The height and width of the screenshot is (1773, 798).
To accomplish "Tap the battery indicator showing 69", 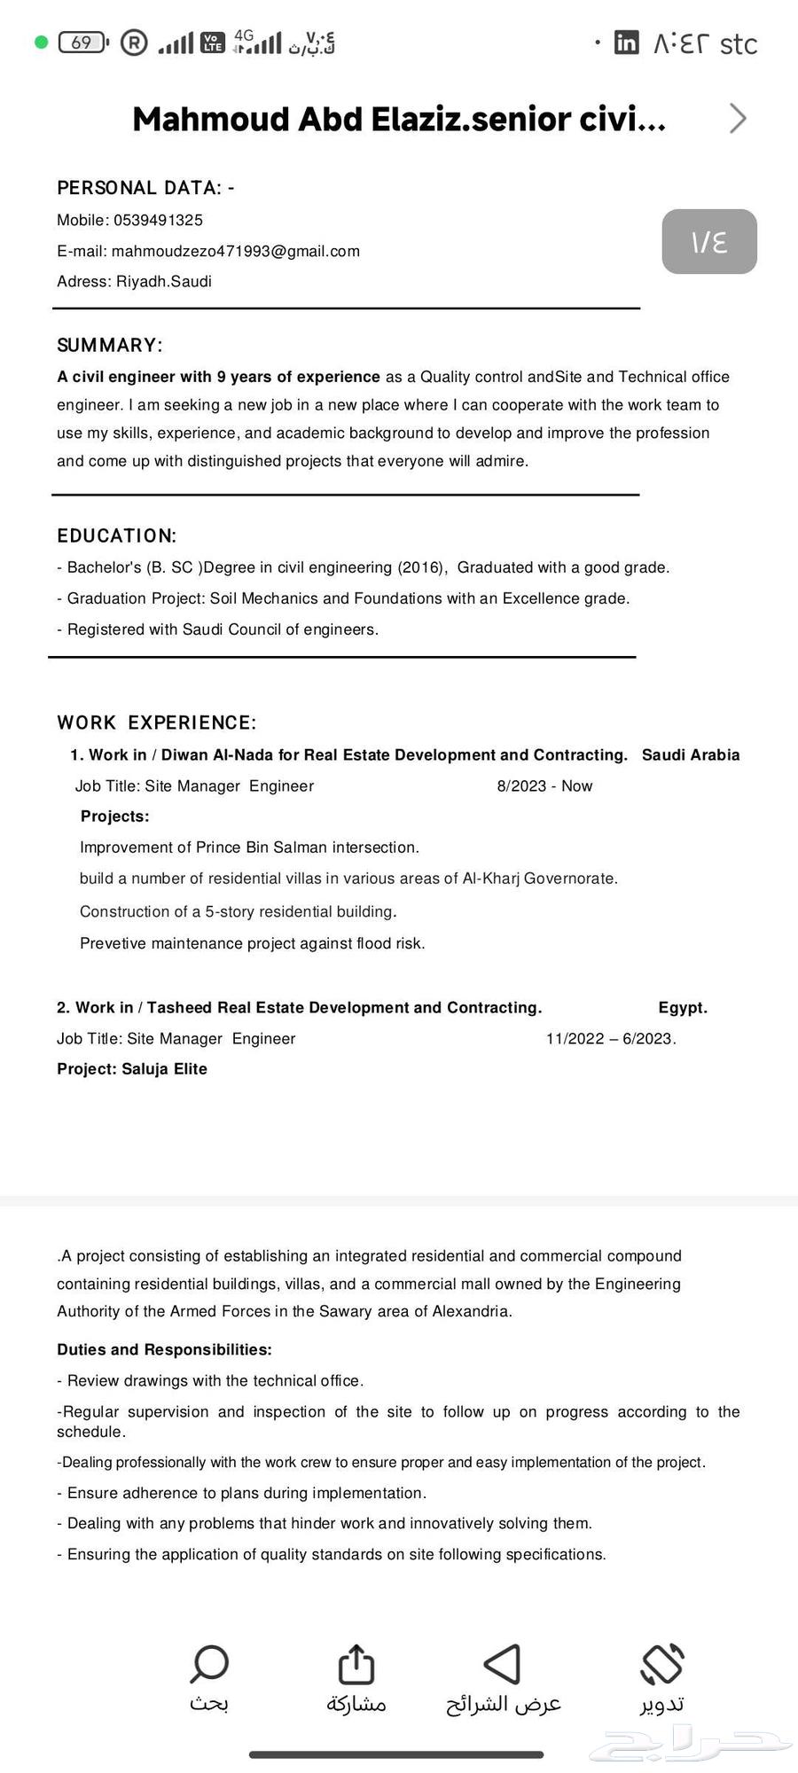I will tap(82, 43).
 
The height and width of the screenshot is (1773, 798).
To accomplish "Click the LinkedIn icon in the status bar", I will tap(626, 43).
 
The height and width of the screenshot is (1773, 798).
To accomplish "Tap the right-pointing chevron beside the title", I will tap(738, 118).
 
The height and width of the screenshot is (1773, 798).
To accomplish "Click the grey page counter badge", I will tap(709, 241).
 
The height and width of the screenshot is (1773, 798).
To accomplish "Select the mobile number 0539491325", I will tap(158, 220).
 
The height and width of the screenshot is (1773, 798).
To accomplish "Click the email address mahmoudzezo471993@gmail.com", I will tap(236, 251).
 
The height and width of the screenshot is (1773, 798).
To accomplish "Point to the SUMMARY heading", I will tap(110, 345).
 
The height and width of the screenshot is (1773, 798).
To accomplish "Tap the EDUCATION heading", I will tap(117, 535).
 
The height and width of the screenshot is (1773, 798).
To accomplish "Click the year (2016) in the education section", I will tap(422, 567).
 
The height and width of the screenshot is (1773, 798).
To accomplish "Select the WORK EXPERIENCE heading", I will tap(157, 722).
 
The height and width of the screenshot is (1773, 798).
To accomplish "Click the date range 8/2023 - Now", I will tap(544, 785).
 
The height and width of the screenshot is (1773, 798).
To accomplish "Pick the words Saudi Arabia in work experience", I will tap(691, 754).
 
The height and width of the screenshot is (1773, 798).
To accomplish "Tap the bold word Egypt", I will tap(683, 1007).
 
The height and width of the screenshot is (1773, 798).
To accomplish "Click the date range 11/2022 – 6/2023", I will tap(611, 1038).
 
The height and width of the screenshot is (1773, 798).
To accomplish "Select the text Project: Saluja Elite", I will tap(132, 1068).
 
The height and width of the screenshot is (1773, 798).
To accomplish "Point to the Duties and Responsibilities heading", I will tap(164, 1349).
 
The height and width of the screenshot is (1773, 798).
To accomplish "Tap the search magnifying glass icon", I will tap(209, 1664).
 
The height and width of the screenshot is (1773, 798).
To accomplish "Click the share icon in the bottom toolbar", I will tap(356, 1664).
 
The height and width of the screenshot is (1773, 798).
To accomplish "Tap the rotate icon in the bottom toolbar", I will tap(662, 1664).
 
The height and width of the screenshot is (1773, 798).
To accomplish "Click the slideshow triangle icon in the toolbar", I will tap(503, 1664).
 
